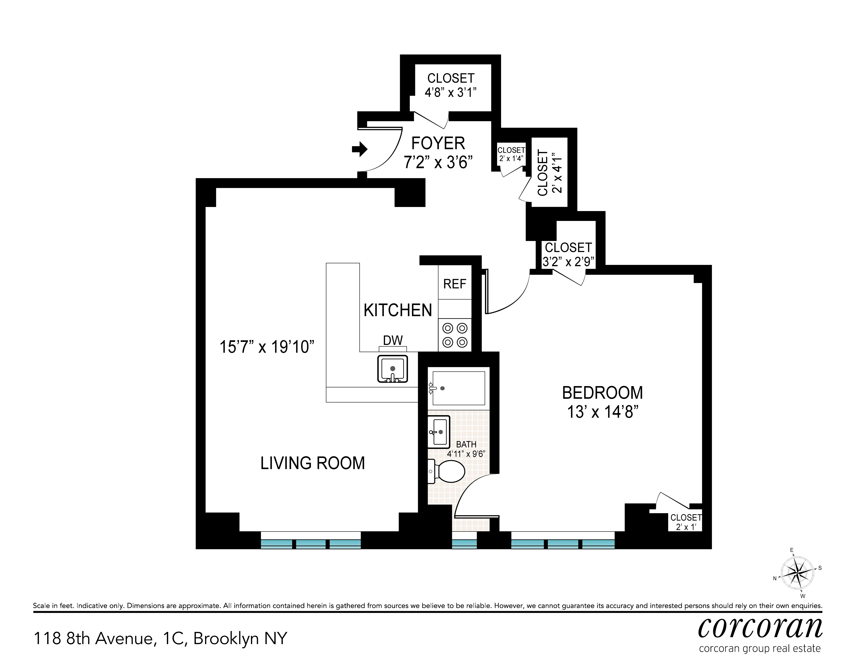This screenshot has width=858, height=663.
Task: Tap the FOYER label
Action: click(438, 143)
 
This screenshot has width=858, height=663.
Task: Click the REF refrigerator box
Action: click(455, 284)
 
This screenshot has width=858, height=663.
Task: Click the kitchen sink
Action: click(392, 369)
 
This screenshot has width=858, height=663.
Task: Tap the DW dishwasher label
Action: click(393, 340)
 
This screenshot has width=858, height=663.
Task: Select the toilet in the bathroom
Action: click(448, 471)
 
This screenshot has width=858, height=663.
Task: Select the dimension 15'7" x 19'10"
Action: click(267, 347)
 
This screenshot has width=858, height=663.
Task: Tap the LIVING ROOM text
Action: click(312, 463)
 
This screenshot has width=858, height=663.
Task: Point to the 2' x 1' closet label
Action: click(686, 527)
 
